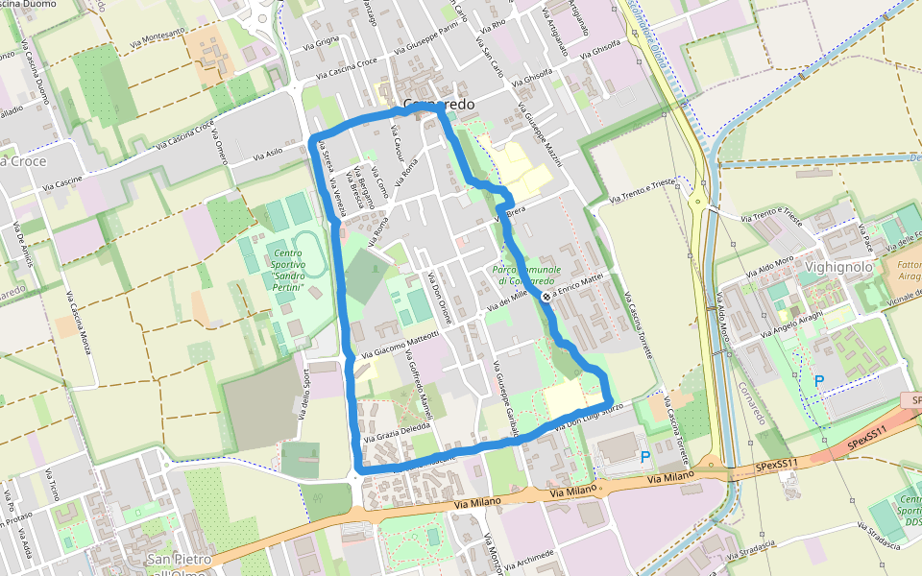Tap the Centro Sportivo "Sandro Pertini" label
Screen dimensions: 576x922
[x=282, y=276]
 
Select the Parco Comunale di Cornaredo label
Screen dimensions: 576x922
[x=526, y=276]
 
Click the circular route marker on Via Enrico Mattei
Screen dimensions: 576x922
[x=546, y=297]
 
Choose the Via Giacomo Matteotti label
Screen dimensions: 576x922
[x=400, y=343]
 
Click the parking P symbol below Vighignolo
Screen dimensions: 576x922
[x=819, y=381]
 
